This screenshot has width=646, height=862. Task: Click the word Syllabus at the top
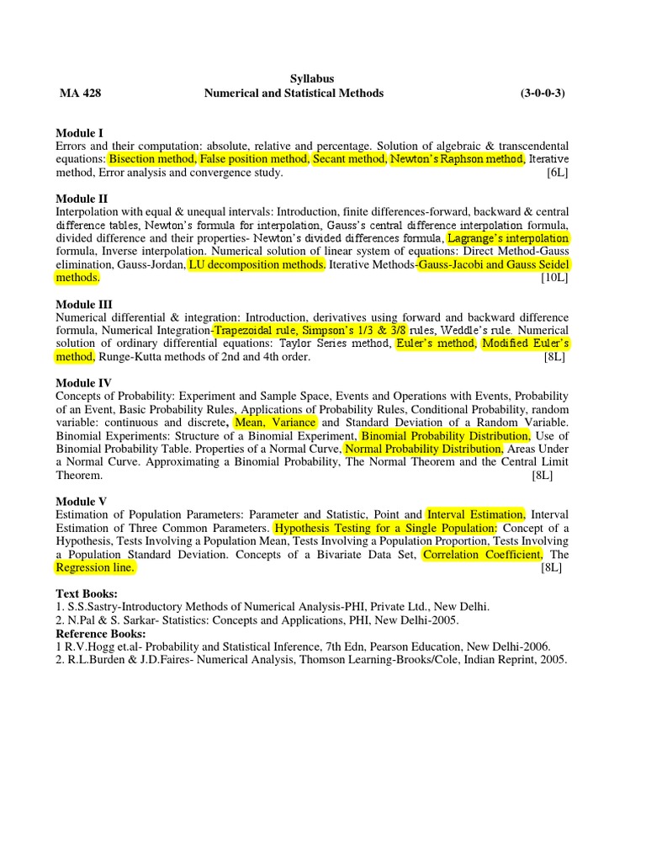click(312, 78)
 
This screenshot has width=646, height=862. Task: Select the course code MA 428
click(80, 93)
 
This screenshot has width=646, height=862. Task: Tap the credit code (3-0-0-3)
click(543, 93)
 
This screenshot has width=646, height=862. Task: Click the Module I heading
click(80, 133)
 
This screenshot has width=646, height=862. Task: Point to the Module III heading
click(84, 304)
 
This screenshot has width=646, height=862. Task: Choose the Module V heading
click(82, 502)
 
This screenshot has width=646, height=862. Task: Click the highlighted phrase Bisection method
click(152, 159)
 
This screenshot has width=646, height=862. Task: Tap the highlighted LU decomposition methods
click(256, 264)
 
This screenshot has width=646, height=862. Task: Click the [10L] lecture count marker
click(554, 278)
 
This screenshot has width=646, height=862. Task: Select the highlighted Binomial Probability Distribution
click(445, 436)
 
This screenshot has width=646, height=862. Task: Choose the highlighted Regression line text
click(95, 568)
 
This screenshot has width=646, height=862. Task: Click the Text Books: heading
click(87, 593)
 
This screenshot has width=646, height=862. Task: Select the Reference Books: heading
click(100, 633)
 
